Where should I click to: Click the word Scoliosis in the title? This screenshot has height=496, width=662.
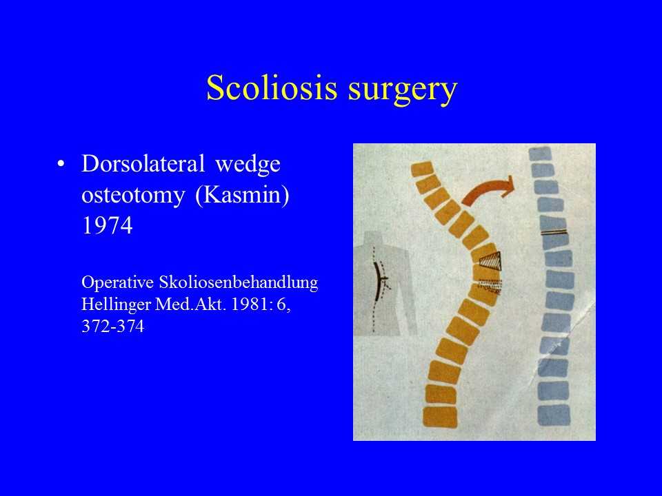[272, 87]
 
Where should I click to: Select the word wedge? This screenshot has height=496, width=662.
[248, 165]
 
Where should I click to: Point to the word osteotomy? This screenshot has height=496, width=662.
[133, 195]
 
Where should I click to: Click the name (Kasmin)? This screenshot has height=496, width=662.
[242, 195]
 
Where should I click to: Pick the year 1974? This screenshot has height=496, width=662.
[108, 226]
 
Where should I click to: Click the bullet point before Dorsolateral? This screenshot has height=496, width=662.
[61, 164]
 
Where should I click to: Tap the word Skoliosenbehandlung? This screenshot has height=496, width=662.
[238, 282]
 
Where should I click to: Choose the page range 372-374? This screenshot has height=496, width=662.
[112, 326]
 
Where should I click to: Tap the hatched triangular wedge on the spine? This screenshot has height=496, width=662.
[492, 261]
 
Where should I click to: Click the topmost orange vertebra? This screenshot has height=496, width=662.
[422, 169]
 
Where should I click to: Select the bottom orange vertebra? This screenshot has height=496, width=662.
[440, 417]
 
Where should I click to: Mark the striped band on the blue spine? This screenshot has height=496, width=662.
[554, 231]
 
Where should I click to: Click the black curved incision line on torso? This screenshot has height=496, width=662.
[378, 280]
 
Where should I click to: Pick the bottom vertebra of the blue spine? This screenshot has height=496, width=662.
[554, 415]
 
